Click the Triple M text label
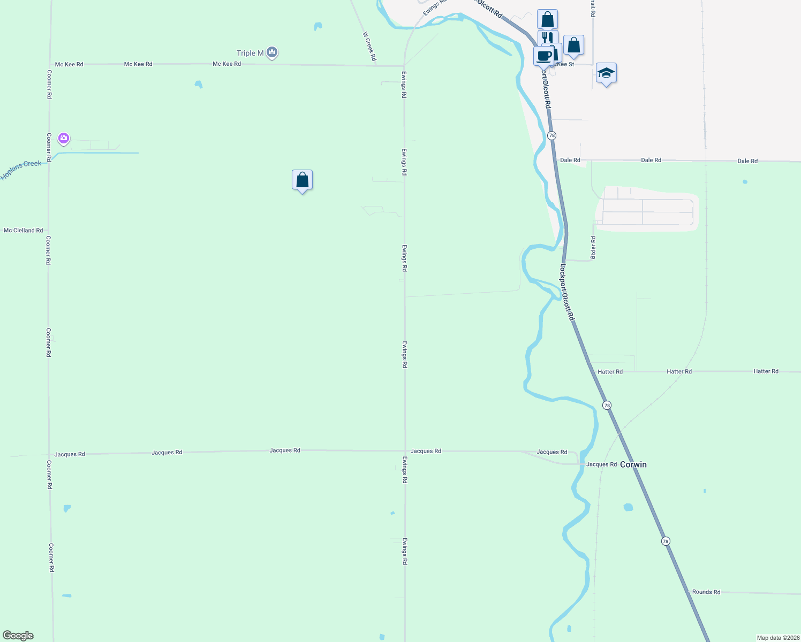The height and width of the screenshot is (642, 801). (250, 53)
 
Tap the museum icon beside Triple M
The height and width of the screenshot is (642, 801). (272, 52)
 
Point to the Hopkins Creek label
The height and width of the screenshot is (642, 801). (21, 170)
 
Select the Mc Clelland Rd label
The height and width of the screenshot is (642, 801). (23, 231)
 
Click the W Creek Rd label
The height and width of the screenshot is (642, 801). (369, 46)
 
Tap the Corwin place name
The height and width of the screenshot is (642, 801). (633, 464)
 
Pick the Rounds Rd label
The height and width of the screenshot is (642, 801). (706, 592)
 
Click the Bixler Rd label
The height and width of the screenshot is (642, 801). (593, 248)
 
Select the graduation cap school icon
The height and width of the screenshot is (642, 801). (606, 73)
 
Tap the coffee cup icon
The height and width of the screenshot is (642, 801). (543, 56)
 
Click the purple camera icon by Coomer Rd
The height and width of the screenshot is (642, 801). (64, 139)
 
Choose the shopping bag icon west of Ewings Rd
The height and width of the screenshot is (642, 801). (302, 180)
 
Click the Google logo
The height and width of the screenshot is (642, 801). (18, 636)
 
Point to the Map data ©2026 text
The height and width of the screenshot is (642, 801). (777, 638)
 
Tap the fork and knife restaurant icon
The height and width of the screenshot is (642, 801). (547, 37)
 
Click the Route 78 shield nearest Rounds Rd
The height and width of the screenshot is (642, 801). (666, 541)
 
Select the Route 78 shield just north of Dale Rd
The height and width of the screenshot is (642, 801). (551, 136)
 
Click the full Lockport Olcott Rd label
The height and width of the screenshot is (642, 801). (567, 292)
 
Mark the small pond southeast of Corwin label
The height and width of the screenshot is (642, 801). (628, 507)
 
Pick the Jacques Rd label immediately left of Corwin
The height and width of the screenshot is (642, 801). (601, 464)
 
